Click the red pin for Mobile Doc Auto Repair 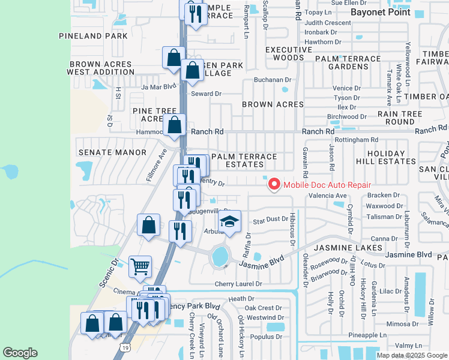point(274,184)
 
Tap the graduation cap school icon point(229,222)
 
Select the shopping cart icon point(140,266)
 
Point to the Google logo point(20,353)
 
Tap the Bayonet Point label point(380,12)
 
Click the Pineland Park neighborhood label point(93,36)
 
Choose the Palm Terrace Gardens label point(355,62)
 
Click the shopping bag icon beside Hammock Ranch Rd point(174,125)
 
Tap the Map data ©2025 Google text point(412,355)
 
